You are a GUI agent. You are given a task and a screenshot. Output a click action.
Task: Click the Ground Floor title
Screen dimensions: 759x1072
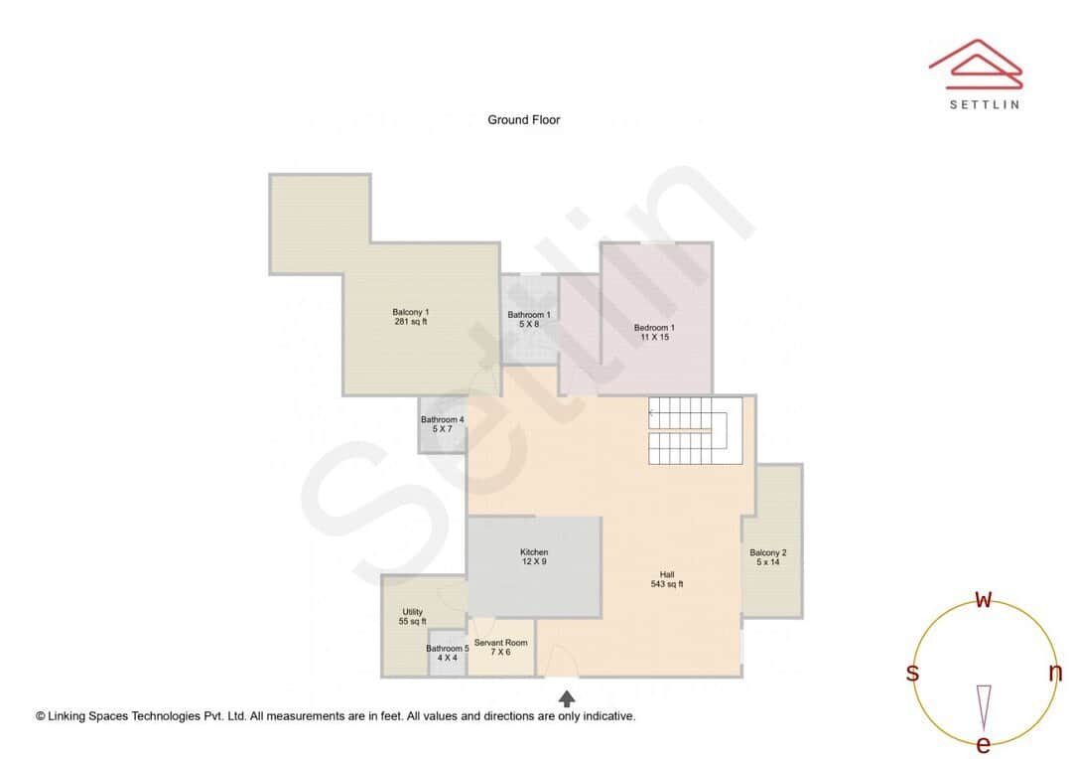523,120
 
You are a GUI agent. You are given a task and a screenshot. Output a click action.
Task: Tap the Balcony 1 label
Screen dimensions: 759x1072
410,317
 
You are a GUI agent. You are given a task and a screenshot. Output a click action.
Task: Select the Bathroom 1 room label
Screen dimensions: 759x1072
529,320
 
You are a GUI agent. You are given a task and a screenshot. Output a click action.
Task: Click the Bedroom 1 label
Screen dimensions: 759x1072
654,333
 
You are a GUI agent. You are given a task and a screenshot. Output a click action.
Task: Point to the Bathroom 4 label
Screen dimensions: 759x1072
442,424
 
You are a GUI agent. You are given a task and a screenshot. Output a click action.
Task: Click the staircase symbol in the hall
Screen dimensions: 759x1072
695,430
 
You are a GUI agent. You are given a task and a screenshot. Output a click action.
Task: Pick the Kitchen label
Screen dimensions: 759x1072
534,557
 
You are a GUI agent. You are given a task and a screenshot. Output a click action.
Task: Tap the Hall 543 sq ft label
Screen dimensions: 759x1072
667,579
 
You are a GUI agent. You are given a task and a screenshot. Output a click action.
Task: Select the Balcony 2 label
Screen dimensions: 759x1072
768,557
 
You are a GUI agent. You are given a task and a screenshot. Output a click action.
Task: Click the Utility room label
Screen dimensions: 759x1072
412,617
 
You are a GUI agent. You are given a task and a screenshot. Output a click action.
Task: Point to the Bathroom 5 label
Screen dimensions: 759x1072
448,653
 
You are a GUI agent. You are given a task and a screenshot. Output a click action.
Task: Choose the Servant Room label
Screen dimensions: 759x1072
500,648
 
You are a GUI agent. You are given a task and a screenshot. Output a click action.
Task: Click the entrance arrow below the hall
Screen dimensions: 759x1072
567,698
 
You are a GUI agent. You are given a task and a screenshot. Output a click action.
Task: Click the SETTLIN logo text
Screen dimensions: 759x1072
984,104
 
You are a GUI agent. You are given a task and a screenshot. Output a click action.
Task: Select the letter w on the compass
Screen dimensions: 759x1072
983,599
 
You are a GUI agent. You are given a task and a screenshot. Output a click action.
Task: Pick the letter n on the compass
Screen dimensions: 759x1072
1055,673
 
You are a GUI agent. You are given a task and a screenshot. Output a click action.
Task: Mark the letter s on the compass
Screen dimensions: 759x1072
912,673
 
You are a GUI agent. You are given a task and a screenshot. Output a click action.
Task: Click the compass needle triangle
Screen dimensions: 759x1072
984,705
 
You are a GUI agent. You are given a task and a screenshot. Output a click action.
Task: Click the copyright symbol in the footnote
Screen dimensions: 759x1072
41,715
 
